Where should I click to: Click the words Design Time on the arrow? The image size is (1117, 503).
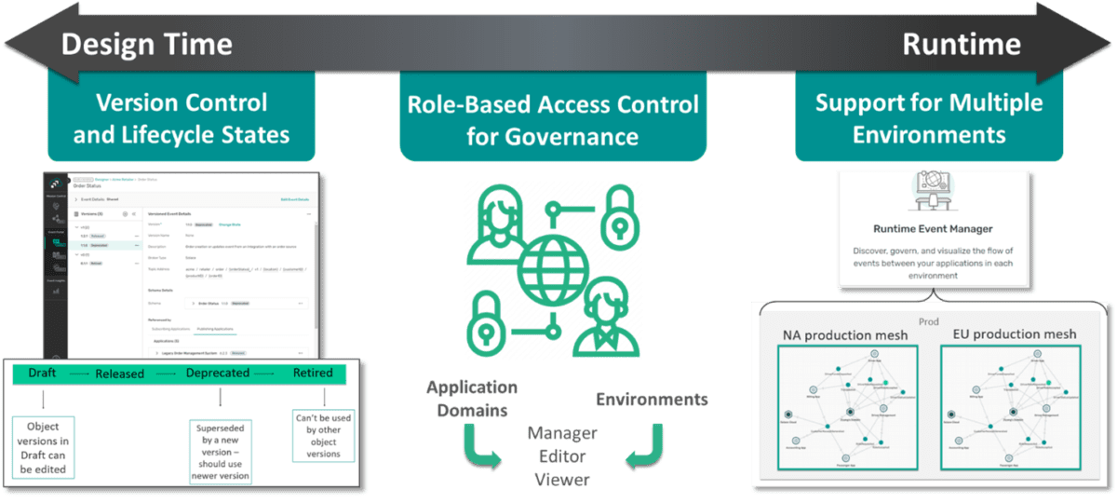point(147,44)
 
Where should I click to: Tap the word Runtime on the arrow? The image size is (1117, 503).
point(962,44)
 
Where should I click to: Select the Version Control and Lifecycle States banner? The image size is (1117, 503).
point(182,118)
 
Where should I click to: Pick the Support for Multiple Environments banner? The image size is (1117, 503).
point(929,118)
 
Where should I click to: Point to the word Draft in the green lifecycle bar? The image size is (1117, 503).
point(43,373)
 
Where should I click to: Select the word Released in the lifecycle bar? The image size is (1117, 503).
point(119,373)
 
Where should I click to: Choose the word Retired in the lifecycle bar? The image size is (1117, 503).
point(313,373)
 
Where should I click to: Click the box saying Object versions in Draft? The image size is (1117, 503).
point(44,447)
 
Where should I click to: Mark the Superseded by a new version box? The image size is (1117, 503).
point(222,448)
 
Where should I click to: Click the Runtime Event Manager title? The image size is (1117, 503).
point(933,228)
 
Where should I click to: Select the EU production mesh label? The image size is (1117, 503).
point(1015,333)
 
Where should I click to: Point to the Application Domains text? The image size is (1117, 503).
point(471,399)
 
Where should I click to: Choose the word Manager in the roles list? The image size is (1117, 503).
point(562,433)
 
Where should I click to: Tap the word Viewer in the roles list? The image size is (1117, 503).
point(562,478)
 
